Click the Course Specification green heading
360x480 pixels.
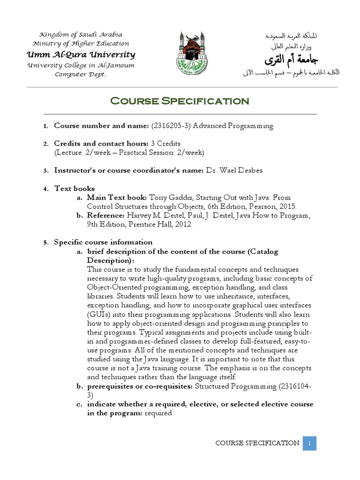click(180, 101)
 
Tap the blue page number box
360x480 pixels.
click(309, 443)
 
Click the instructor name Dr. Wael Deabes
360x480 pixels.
click(234, 171)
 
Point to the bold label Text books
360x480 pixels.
click(75, 188)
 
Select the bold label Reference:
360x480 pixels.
click(105, 216)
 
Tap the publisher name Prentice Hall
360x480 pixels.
click(152, 225)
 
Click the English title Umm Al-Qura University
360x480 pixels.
click(81, 54)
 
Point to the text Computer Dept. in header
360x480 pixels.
click(81, 75)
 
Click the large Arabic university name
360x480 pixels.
click(286, 60)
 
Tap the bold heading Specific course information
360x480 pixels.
click(103, 242)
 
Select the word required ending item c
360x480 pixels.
click(158, 413)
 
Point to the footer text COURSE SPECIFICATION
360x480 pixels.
click(257, 443)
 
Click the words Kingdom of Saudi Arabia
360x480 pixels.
click(81, 35)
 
